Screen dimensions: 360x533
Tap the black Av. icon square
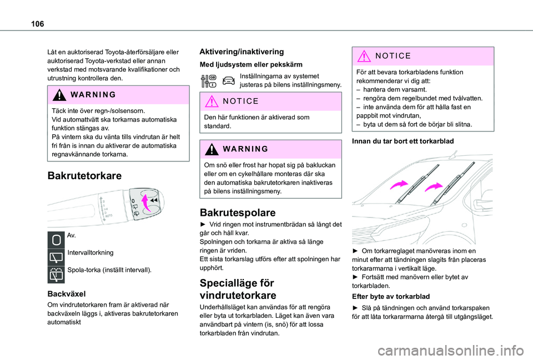coord(56,239)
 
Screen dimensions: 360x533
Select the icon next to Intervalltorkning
coord(56,256)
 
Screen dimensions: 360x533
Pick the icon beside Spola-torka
coord(56,272)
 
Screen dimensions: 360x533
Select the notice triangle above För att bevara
coord(365,55)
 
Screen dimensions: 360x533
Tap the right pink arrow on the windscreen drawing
coord(434,187)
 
